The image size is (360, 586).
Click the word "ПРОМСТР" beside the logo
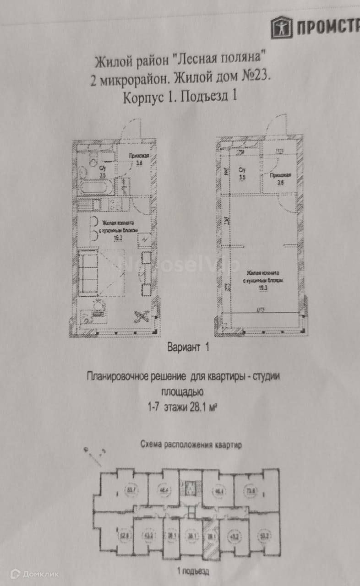328,28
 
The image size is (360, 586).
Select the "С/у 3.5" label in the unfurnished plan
243,173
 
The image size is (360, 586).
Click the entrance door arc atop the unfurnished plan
277,125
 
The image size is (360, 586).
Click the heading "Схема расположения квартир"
191,444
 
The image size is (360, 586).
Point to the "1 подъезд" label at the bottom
193,571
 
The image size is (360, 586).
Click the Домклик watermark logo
34,574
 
